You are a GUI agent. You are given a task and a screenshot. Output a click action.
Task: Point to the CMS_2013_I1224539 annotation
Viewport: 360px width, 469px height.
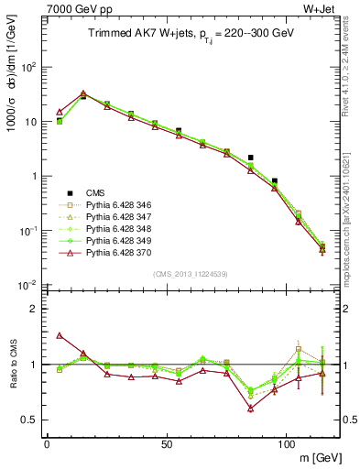(193, 272)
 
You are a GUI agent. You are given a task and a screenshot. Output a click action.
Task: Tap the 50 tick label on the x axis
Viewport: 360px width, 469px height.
(167, 443)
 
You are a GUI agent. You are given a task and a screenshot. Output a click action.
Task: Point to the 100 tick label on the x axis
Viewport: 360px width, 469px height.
(287, 443)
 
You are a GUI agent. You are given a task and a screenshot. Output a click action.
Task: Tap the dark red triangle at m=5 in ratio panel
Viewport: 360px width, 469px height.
(60, 335)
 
